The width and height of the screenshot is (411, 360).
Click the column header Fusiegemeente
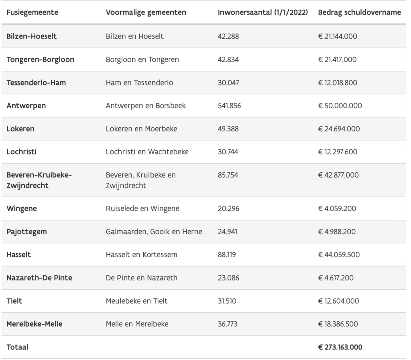pos(33,12)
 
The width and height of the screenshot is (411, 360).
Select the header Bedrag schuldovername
pos(359,12)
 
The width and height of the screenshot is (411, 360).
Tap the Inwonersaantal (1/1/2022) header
pos(263,12)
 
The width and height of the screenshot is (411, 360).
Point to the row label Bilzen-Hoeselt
pos(32,36)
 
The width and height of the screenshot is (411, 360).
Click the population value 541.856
pos(230,106)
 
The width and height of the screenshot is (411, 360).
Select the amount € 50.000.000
pos(340,106)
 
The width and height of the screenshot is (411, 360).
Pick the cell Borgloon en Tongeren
pos(142,59)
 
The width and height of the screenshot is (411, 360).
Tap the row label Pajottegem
pos(27,231)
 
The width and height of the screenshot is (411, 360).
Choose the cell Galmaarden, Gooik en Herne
pos(154,231)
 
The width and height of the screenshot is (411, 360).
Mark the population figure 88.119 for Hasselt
pos(227,255)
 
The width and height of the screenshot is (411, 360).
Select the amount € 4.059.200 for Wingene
pos(337,209)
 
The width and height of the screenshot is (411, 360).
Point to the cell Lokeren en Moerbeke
pos(142,129)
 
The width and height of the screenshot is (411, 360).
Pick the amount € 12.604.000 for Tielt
pos(338,301)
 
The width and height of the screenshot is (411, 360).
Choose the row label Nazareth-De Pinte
pos(39,278)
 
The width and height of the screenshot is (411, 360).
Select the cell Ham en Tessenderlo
pos(140,83)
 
